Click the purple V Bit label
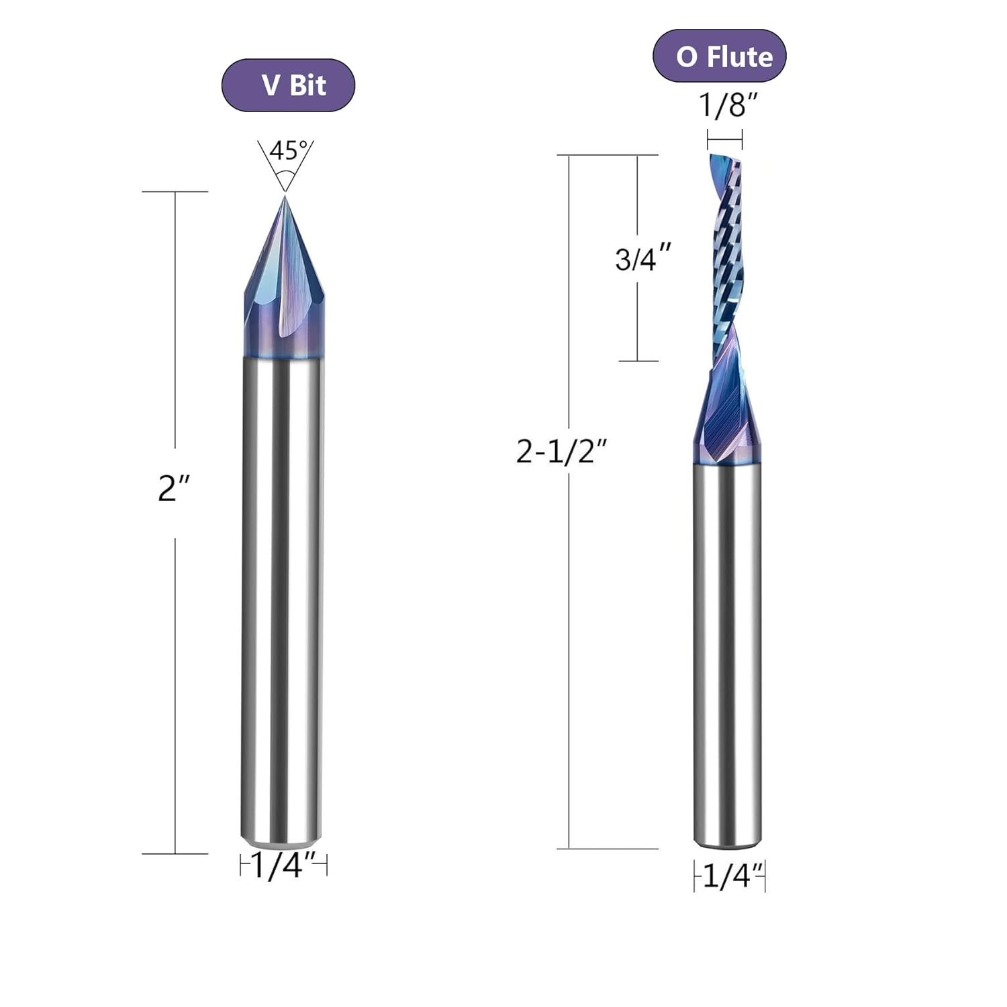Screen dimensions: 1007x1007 pos(288,85)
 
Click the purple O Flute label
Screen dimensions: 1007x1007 pos(719,56)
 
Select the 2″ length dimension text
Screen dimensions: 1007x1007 pos(174,488)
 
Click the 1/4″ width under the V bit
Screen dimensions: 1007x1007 pos(283,866)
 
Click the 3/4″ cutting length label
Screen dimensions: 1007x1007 pos(643,258)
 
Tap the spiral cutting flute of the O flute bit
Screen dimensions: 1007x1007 pos(726,262)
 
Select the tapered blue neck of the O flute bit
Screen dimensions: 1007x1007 pos(727,416)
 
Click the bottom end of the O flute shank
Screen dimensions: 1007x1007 pos(728,839)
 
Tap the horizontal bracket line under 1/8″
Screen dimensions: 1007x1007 pos(724,139)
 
